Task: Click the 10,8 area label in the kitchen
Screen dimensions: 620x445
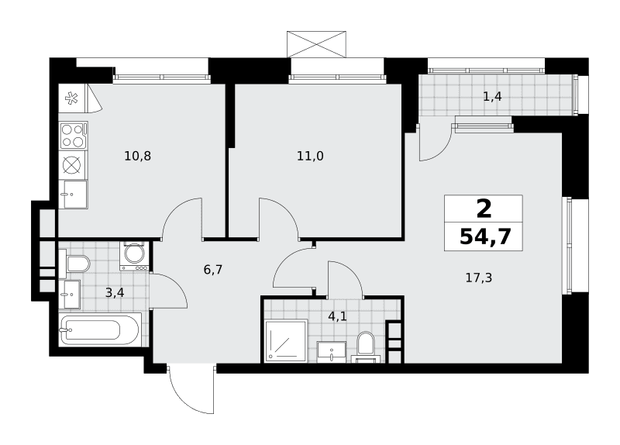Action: (x=138, y=157)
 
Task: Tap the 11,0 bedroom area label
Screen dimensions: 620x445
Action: (x=311, y=157)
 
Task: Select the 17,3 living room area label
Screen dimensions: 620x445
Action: (x=479, y=278)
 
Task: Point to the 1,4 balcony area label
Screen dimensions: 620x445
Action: (x=493, y=96)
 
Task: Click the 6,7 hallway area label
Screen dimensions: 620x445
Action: (x=213, y=270)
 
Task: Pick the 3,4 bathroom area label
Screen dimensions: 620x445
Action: (x=115, y=293)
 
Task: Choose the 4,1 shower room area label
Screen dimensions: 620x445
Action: (x=337, y=316)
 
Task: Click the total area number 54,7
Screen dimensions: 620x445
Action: (x=486, y=237)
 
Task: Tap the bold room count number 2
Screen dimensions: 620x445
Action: (x=484, y=209)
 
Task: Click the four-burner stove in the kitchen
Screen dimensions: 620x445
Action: (x=73, y=135)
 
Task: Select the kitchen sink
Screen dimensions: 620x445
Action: (x=73, y=195)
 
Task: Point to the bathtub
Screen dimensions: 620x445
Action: (x=99, y=330)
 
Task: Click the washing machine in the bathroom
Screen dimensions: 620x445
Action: (x=135, y=256)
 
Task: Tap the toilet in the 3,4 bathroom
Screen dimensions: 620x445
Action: (x=76, y=264)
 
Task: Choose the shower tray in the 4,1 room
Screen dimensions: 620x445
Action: (x=286, y=341)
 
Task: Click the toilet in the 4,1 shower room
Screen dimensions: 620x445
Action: (x=365, y=345)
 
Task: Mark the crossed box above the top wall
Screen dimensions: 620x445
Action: (x=316, y=44)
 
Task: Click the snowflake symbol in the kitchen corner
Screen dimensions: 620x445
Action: (x=71, y=98)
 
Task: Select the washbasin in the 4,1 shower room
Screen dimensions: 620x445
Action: (x=332, y=351)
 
